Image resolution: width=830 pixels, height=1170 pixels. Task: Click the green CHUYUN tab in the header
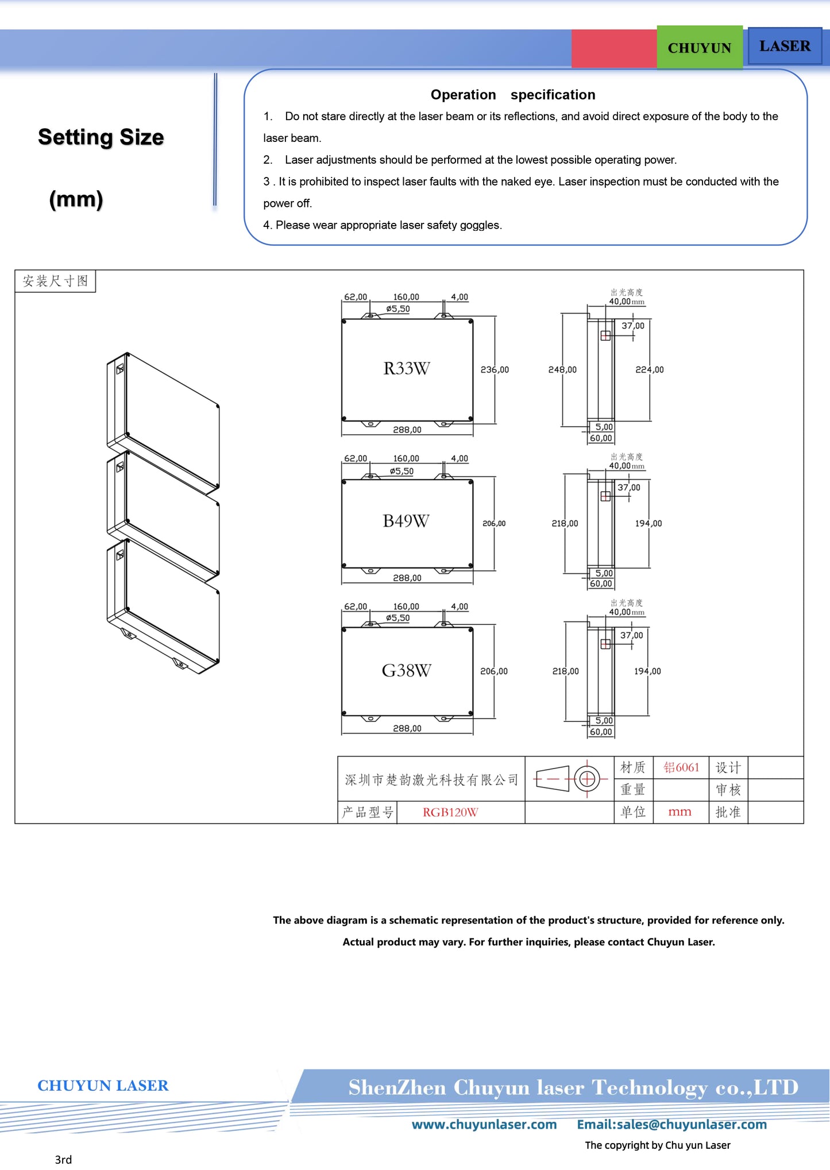point(699,48)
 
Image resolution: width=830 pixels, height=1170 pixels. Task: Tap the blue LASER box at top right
point(785,46)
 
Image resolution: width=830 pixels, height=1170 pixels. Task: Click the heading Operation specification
point(512,95)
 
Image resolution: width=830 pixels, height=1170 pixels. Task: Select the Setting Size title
point(101,137)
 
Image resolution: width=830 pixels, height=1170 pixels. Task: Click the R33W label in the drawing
point(407,369)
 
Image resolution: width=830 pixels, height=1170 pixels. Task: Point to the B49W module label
point(406,521)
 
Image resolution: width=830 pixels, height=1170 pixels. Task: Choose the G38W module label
point(406,670)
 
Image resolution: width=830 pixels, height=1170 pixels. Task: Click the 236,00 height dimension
point(495,370)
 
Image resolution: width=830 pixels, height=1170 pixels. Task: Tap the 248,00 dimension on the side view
point(562,370)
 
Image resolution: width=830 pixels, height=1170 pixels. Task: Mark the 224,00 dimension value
point(649,370)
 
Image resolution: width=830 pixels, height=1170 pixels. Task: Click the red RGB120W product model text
point(450,812)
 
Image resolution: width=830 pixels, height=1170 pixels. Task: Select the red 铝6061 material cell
point(681,767)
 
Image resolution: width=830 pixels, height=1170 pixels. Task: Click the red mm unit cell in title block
point(680,812)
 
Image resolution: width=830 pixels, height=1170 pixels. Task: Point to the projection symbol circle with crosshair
point(587,779)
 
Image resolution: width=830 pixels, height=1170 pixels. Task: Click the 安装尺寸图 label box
point(55,281)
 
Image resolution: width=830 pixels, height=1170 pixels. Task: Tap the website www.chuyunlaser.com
point(484,1125)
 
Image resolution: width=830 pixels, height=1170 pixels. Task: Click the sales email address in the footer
point(671,1125)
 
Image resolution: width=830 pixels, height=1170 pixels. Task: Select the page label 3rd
point(63,1160)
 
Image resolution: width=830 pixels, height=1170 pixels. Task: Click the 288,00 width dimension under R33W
point(407,430)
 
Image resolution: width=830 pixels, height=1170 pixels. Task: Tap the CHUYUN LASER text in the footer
point(103,1086)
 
